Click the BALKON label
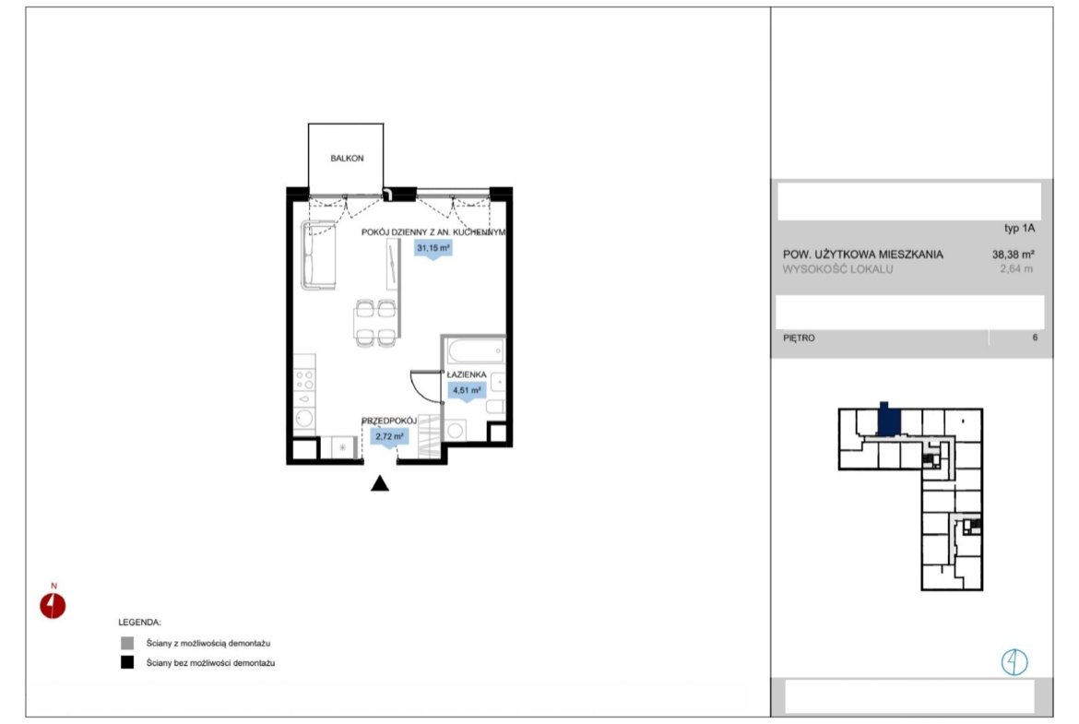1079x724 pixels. [x=347, y=159]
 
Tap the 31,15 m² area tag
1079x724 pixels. [x=433, y=248]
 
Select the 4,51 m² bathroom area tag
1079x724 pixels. [x=467, y=391]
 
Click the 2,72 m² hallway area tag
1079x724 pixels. [x=390, y=436]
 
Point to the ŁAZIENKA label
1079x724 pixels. [x=467, y=374]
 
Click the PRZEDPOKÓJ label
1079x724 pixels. [x=389, y=421]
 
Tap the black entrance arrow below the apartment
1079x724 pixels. [x=380, y=483]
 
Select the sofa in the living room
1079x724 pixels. [x=318, y=255]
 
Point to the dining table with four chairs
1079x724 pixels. [x=375, y=322]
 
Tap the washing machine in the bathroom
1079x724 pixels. [x=456, y=431]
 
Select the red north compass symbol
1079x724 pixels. [x=53, y=606]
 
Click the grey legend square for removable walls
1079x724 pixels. [x=127, y=644]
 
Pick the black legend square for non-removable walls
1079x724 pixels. [x=127, y=663]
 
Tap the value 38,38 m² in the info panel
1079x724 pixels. [x=1013, y=255]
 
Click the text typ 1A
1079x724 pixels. [x=1019, y=229]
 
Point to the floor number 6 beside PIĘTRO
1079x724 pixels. [x=1034, y=338]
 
